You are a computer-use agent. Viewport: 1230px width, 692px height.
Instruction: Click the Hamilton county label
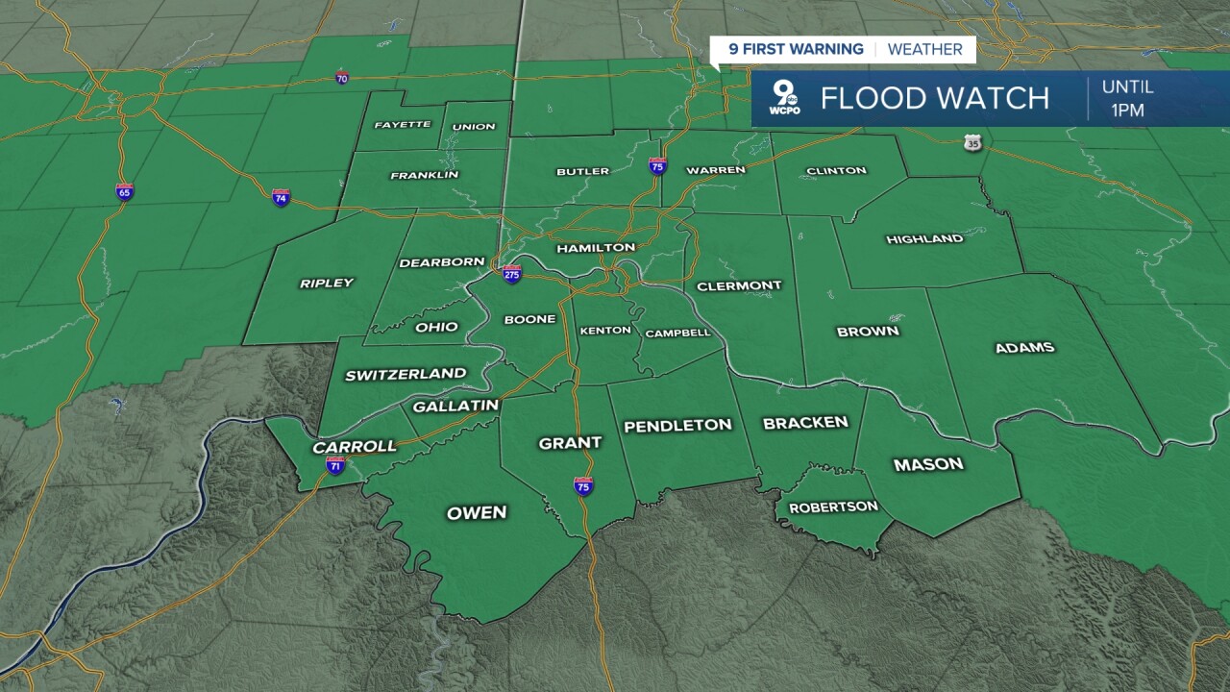point(596,248)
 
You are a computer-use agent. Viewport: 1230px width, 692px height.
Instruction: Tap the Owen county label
point(477,513)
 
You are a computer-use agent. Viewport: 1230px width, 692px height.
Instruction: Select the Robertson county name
point(833,507)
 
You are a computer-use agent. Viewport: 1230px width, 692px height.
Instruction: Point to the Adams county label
point(1024,348)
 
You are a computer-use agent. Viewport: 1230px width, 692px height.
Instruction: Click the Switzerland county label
point(406,375)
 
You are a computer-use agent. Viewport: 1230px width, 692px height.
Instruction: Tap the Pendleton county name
point(677,426)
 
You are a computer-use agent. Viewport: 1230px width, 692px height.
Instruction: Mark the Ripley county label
point(327,284)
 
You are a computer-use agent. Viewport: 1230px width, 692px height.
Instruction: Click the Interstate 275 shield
point(512,274)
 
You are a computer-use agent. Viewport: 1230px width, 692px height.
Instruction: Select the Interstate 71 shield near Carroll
point(335,466)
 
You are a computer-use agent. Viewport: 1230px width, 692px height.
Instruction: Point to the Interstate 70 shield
point(342,78)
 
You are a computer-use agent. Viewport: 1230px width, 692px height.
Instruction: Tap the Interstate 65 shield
point(124,192)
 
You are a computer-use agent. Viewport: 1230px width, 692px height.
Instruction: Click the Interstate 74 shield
point(281,198)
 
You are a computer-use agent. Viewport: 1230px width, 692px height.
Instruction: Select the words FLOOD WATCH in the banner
point(934,98)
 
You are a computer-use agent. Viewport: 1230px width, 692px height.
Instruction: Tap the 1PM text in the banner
point(1127,111)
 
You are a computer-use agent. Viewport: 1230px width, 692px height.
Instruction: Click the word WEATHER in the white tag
point(924,50)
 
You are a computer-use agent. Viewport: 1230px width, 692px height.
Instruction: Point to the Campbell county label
point(677,334)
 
